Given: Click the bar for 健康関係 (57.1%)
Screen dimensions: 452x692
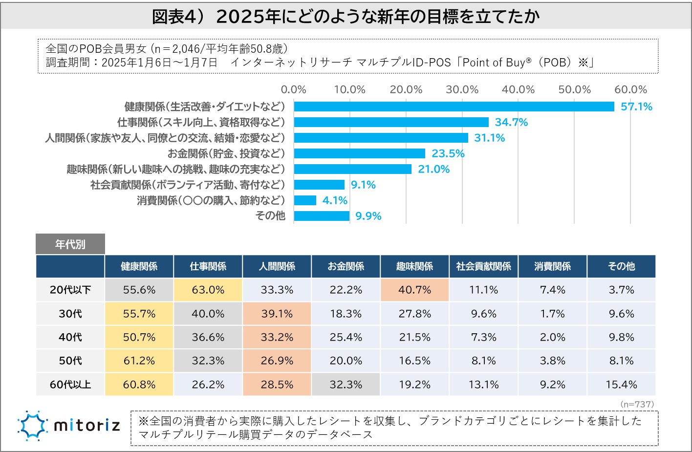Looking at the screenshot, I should click(454, 107).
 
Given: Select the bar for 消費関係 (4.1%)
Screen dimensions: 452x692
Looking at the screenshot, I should click(305, 200).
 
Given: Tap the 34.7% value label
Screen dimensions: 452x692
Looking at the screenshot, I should click(511, 122).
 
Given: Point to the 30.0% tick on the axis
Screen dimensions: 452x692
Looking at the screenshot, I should click(462, 90).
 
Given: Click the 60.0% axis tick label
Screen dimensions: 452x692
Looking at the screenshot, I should click(630, 90).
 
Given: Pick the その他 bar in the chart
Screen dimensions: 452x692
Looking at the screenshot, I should click(322, 216).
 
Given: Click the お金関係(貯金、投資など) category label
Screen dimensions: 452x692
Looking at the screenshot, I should click(226, 153).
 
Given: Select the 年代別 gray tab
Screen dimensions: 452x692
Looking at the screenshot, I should click(70, 244).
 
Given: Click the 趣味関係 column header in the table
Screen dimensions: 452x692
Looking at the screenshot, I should click(414, 266).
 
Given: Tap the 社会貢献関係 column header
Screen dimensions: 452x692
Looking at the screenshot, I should click(483, 266).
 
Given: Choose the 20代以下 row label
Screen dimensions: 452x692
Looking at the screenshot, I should click(70, 290).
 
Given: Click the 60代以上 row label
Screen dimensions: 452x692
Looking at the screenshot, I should click(70, 385).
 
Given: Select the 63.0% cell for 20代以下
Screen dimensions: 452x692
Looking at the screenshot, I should click(208, 290).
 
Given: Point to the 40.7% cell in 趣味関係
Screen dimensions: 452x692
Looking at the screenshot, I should click(414, 290).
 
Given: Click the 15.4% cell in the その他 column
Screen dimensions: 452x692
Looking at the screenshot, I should click(621, 385).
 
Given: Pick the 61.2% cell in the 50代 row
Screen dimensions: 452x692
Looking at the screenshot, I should click(139, 361).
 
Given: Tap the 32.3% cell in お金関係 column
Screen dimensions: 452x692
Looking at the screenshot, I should click(346, 385).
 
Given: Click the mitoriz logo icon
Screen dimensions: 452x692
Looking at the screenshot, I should click(33, 425).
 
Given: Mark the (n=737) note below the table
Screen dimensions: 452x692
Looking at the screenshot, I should click(637, 404).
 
